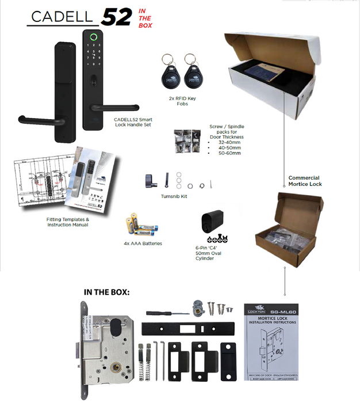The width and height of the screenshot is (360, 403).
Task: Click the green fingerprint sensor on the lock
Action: tap(92, 39)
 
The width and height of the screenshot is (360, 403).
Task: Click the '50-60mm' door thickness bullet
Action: tap(227, 154)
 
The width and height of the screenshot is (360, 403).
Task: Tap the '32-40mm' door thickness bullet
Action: tap(227, 142)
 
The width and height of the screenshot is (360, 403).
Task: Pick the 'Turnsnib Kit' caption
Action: tap(174, 196)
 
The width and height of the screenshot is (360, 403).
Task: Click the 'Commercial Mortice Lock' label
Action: tap(305, 181)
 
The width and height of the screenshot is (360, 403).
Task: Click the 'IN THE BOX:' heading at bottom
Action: tap(107, 292)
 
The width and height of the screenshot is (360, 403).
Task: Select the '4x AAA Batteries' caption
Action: tap(143, 243)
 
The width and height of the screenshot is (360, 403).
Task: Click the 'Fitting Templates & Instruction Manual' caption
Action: tap(67, 222)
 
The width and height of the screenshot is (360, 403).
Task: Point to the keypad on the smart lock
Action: tap(92, 58)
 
